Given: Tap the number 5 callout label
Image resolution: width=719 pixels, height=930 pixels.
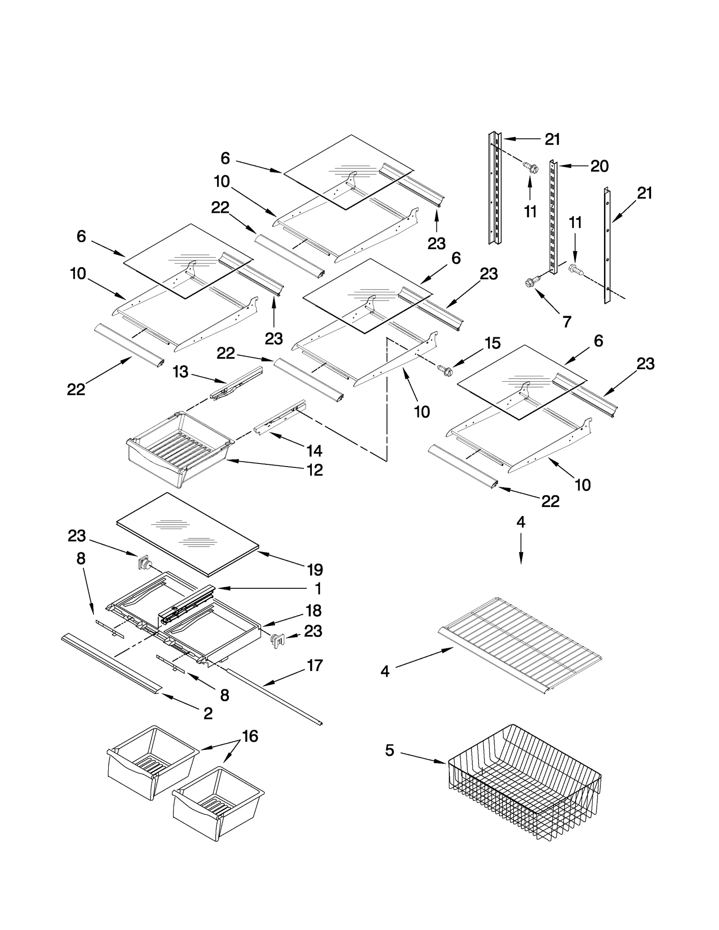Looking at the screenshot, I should (x=390, y=751).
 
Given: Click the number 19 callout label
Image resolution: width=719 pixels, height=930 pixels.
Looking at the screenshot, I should (x=315, y=570).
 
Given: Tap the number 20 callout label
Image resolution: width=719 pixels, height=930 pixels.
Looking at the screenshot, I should (x=599, y=166).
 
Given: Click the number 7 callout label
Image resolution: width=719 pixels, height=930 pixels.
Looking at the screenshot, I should (x=567, y=322).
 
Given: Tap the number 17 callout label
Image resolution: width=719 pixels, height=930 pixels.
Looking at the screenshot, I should (x=315, y=665).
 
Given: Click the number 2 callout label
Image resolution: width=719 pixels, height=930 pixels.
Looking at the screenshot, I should (x=208, y=714).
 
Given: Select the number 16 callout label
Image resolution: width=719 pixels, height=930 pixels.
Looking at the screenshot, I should (x=250, y=736).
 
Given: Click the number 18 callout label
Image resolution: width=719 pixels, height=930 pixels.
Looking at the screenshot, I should (x=313, y=610).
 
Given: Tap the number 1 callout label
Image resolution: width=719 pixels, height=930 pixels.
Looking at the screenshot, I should (x=318, y=589).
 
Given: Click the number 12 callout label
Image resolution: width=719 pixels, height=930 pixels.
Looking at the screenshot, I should (x=315, y=470).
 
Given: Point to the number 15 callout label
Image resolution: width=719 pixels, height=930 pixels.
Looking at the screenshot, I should (x=493, y=343).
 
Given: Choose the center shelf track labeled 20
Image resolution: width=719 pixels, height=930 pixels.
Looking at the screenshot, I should (x=553, y=216).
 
